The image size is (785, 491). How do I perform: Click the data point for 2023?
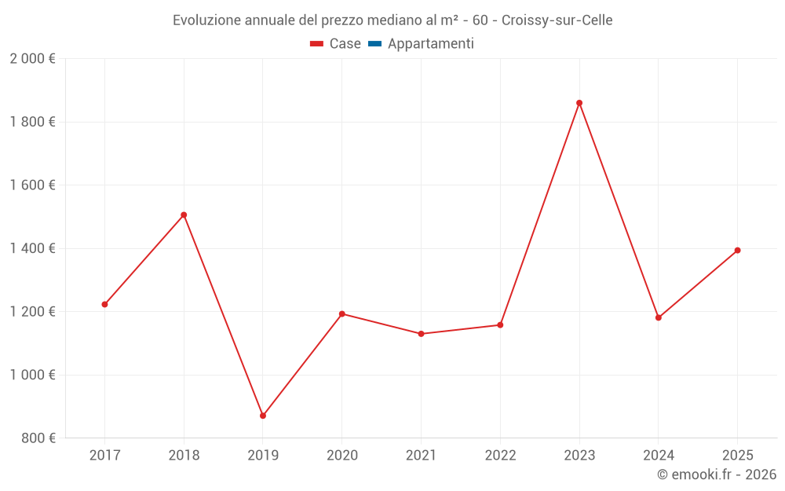pyautogui.click(x=579, y=103)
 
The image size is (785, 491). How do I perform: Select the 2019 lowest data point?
pyautogui.click(x=263, y=416)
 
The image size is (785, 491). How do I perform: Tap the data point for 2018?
pyautogui.click(x=184, y=214)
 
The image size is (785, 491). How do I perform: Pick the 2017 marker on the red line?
pyautogui.click(x=104, y=304)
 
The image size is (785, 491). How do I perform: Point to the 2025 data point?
pyautogui.click(x=737, y=251)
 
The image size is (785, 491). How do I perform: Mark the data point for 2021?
pyautogui.click(x=421, y=334)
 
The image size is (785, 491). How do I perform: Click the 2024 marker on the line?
pyautogui.click(x=658, y=317)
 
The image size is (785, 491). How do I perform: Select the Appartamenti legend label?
pyautogui.click(x=430, y=44)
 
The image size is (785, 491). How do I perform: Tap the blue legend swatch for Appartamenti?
pyautogui.click(x=374, y=44)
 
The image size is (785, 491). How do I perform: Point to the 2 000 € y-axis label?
pyautogui.click(x=32, y=59)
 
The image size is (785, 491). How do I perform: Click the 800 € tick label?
pyautogui.click(x=38, y=438)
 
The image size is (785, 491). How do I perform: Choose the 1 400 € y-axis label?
pyautogui.click(x=32, y=248)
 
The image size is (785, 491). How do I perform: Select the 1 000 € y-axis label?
pyautogui.click(x=32, y=375)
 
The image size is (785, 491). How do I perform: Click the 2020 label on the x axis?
pyautogui.click(x=341, y=456)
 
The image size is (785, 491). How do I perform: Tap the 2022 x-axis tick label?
pyautogui.click(x=500, y=456)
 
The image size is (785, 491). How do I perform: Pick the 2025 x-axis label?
pyautogui.click(x=737, y=456)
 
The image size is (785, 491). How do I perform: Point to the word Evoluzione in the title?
pyautogui.click(x=206, y=20)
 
